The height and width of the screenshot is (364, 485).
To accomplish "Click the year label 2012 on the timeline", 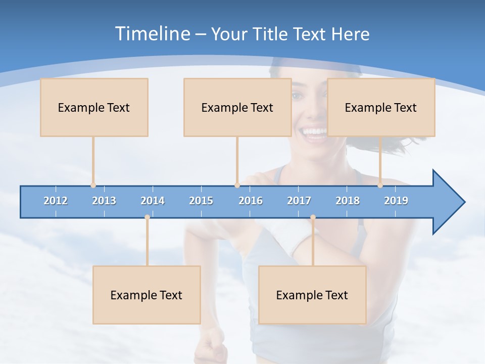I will (x=56, y=201).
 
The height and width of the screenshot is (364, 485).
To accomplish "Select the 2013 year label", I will (x=104, y=201).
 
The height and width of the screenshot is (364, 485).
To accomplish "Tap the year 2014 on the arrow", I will (x=153, y=201).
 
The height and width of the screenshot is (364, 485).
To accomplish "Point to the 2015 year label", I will (x=201, y=201).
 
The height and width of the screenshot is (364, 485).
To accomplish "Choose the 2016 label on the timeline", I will (x=251, y=201).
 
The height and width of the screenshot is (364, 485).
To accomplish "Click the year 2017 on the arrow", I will (x=299, y=201).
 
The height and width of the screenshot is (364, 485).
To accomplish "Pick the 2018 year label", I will (x=348, y=201).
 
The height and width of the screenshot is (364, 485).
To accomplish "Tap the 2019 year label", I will (x=396, y=201).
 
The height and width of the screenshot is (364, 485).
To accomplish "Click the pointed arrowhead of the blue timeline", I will (x=450, y=202).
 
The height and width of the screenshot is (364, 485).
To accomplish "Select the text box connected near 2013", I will (x=94, y=107).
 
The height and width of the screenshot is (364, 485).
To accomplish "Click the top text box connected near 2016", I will (x=237, y=107).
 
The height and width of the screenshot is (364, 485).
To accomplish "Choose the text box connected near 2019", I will (x=381, y=107).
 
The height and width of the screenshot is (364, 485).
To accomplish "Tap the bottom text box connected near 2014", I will (x=147, y=295).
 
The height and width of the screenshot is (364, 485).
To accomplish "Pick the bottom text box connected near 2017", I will (x=312, y=295).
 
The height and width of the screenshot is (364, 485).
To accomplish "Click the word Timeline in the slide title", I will (x=152, y=34).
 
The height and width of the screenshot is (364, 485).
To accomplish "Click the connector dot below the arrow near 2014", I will (x=147, y=217).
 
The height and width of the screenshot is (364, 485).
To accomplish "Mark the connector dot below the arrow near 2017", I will (x=313, y=217).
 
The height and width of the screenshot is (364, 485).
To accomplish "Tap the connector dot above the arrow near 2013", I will (x=93, y=186).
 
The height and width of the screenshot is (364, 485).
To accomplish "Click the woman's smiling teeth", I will (x=314, y=132).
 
